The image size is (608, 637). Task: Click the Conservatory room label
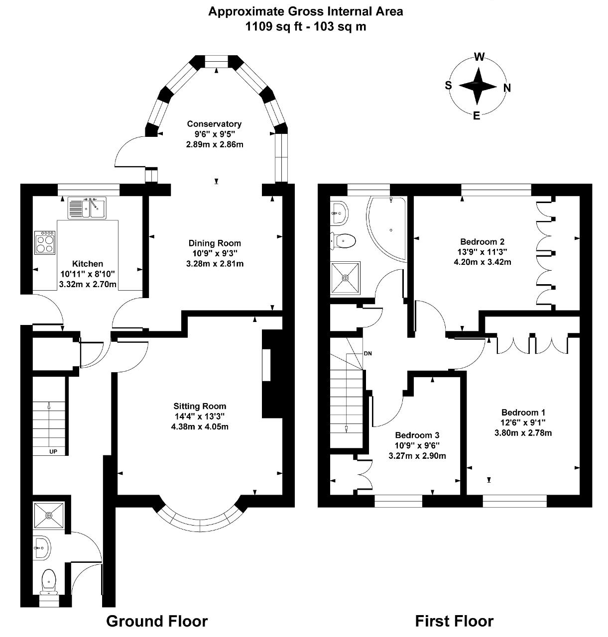tap(214, 124)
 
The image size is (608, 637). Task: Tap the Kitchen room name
tap(88, 263)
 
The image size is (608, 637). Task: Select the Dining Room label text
tap(215, 243)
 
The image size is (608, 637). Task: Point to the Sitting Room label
tap(200, 406)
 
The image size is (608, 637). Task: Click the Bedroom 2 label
tap(483, 241)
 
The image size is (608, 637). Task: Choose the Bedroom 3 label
tap(417, 435)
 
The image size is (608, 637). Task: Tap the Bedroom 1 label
tap(523, 413)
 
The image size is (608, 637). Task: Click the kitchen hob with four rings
tap(45, 242)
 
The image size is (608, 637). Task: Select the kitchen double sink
tap(87, 208)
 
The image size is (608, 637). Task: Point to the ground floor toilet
tap(49, 583)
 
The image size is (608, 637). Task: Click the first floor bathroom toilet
tap(343, 241)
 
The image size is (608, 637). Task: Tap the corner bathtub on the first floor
tap(386, 228)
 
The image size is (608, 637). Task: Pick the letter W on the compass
tap(479, 57)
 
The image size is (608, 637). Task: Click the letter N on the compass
tap(507, 88)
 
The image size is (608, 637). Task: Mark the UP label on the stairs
tap(53, 451)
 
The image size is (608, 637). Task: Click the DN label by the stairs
tap(367, 353)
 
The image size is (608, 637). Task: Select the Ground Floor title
tap(157, 621)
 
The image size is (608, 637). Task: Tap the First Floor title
tap(454, 621)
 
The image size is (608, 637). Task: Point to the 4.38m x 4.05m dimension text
tap(200, 426)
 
